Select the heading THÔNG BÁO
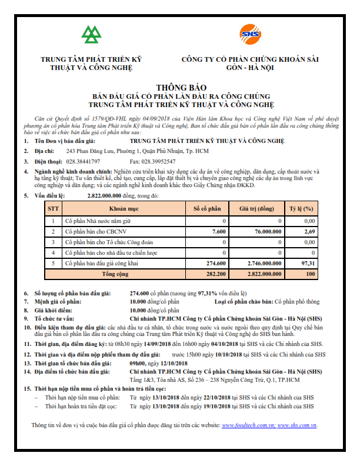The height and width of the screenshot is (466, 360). pos(181,86)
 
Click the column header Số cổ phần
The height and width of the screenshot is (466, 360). pos(207,209)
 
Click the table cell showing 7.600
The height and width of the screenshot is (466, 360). pos(218,232)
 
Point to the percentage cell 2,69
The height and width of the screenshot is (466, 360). pos(309,232)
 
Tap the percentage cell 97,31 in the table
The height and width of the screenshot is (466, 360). pos(308,263)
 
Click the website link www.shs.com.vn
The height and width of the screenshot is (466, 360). pos(298,424)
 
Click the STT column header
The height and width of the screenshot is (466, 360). pos(54,209)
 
